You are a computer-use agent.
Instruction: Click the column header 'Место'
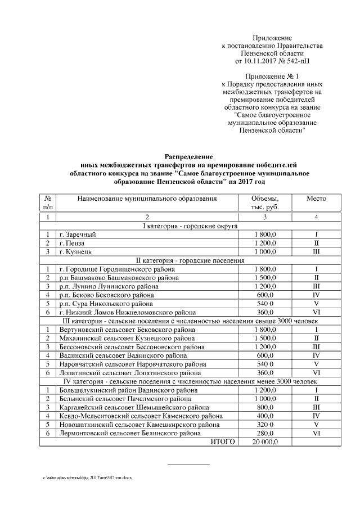coord(316,199)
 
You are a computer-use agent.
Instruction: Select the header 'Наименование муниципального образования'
coord(147,199)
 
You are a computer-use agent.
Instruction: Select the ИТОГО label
coord(222,443)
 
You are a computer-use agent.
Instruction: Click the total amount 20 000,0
coord(265,443)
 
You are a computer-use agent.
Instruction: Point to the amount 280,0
coord(265,434)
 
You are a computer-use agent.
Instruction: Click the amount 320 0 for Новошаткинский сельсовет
coord(265,425)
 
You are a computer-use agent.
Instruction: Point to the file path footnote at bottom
coord(87,477)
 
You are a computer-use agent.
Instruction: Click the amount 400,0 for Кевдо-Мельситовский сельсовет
coord(265,416)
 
